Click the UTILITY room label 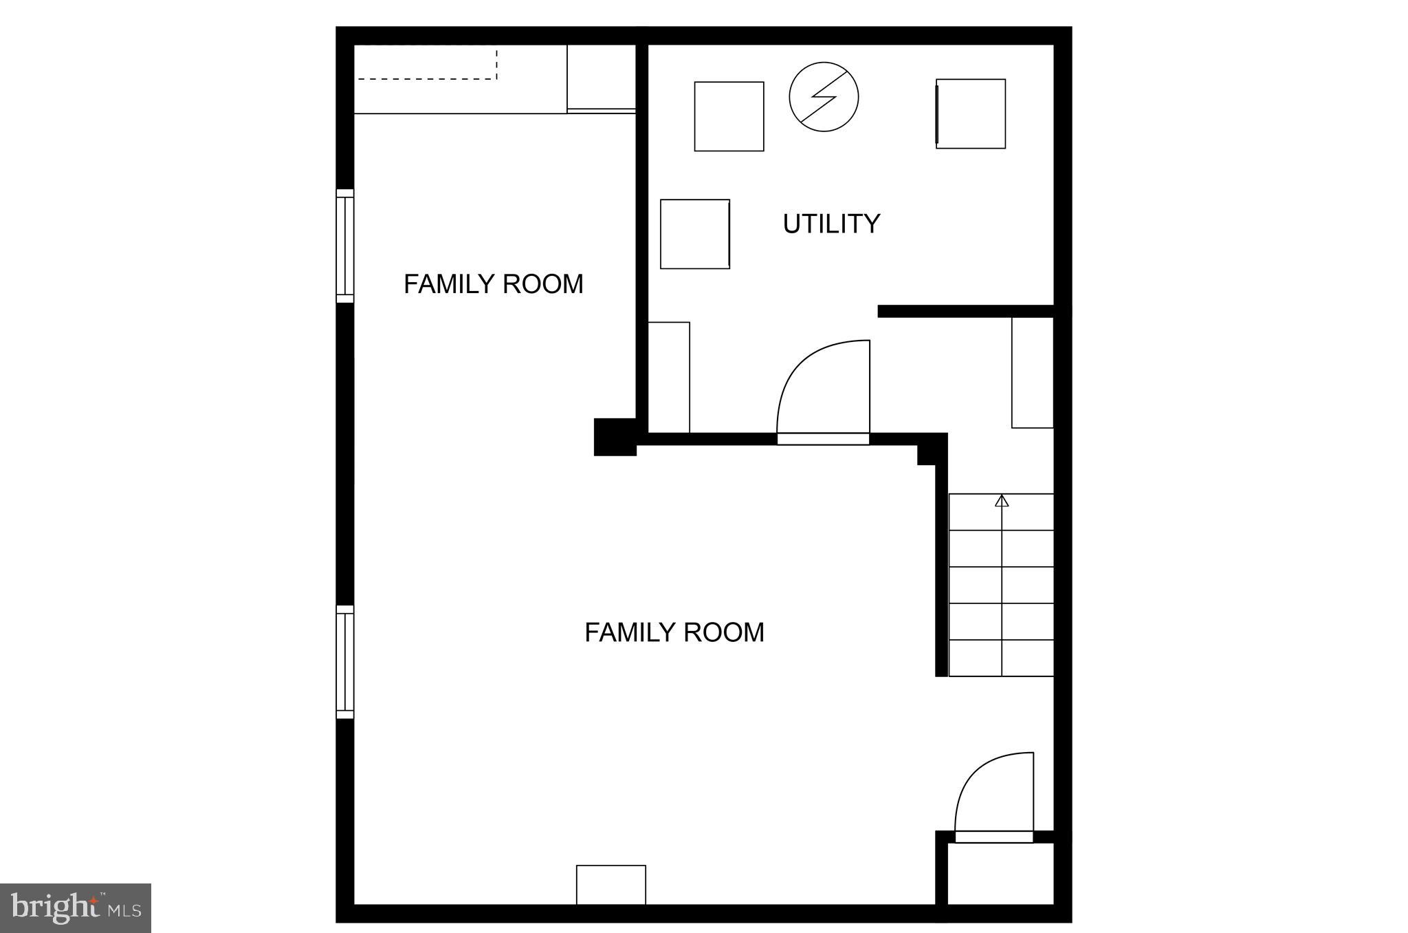(831, 224)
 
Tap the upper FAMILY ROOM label (493, 284)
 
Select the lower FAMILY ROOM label (674, 632)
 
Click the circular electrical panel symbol (824, 97)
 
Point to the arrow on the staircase (1002, 501)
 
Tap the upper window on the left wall (344, 246)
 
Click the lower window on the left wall (344, 662)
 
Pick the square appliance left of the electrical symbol (729, 116)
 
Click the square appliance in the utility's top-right (971, 114)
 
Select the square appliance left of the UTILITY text (694, 234)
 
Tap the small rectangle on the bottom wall (610, 884)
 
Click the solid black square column (615, 437)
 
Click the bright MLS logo (76, 908)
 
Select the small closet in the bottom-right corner (1000, 873)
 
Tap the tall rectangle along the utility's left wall (669, 377)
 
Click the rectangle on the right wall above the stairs (1032, 372)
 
